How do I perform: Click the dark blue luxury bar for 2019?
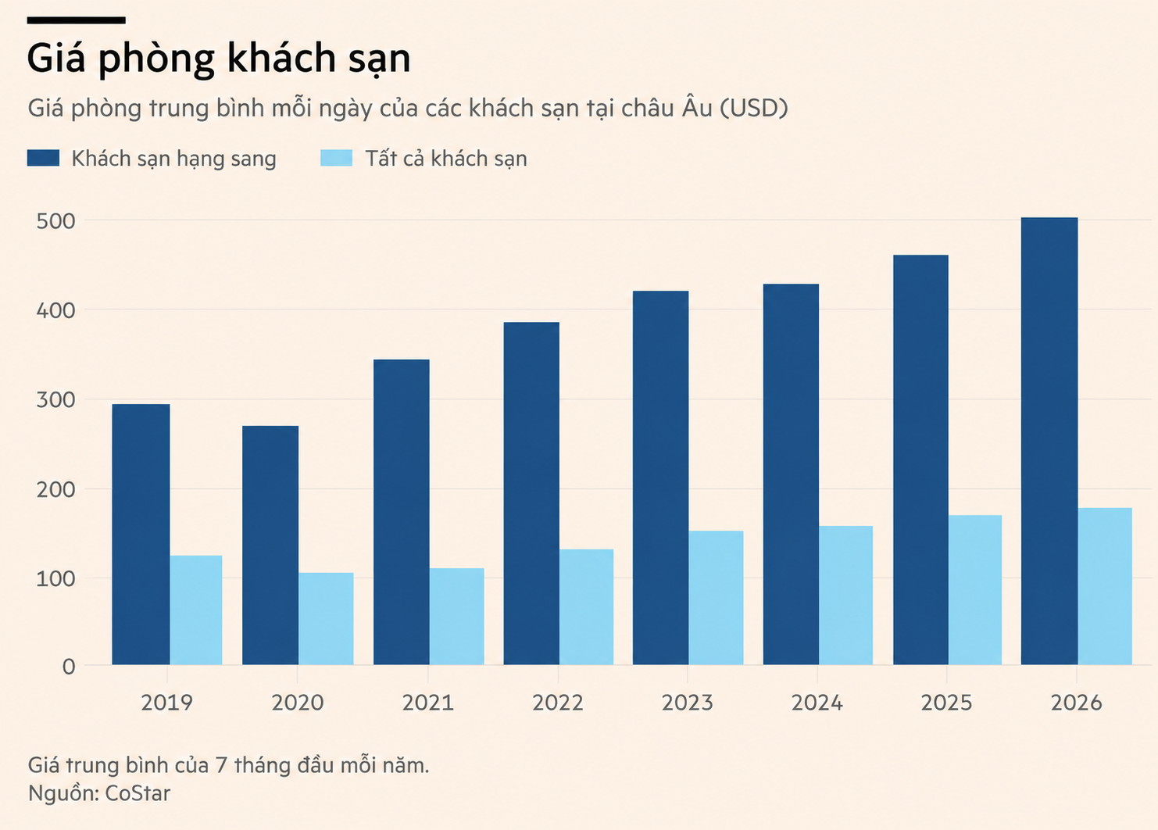pos(141,535)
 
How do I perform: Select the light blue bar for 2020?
pos(326,618)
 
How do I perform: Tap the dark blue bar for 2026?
pos(1049,441)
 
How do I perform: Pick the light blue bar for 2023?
pos(716,598)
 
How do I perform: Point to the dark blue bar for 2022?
pos(531,493)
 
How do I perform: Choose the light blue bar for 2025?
pos(975,590)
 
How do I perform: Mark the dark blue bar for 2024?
pos(791,474)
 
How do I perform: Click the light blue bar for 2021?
pos(456,617)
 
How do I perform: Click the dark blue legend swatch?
pos(44,158)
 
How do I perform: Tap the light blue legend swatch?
pos(337,158)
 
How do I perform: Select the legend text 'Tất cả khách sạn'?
pos(446,159)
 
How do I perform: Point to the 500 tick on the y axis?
pos(55,221)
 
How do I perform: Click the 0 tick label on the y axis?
pos(70,667)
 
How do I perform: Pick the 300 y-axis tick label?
pos(55,399)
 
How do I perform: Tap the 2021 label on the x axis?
pos(428,703)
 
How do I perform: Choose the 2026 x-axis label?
pos(1076,703)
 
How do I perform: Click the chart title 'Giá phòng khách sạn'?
pos(219,59)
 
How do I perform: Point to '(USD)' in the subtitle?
pos(754,109)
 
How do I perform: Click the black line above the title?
pos(77,20)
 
